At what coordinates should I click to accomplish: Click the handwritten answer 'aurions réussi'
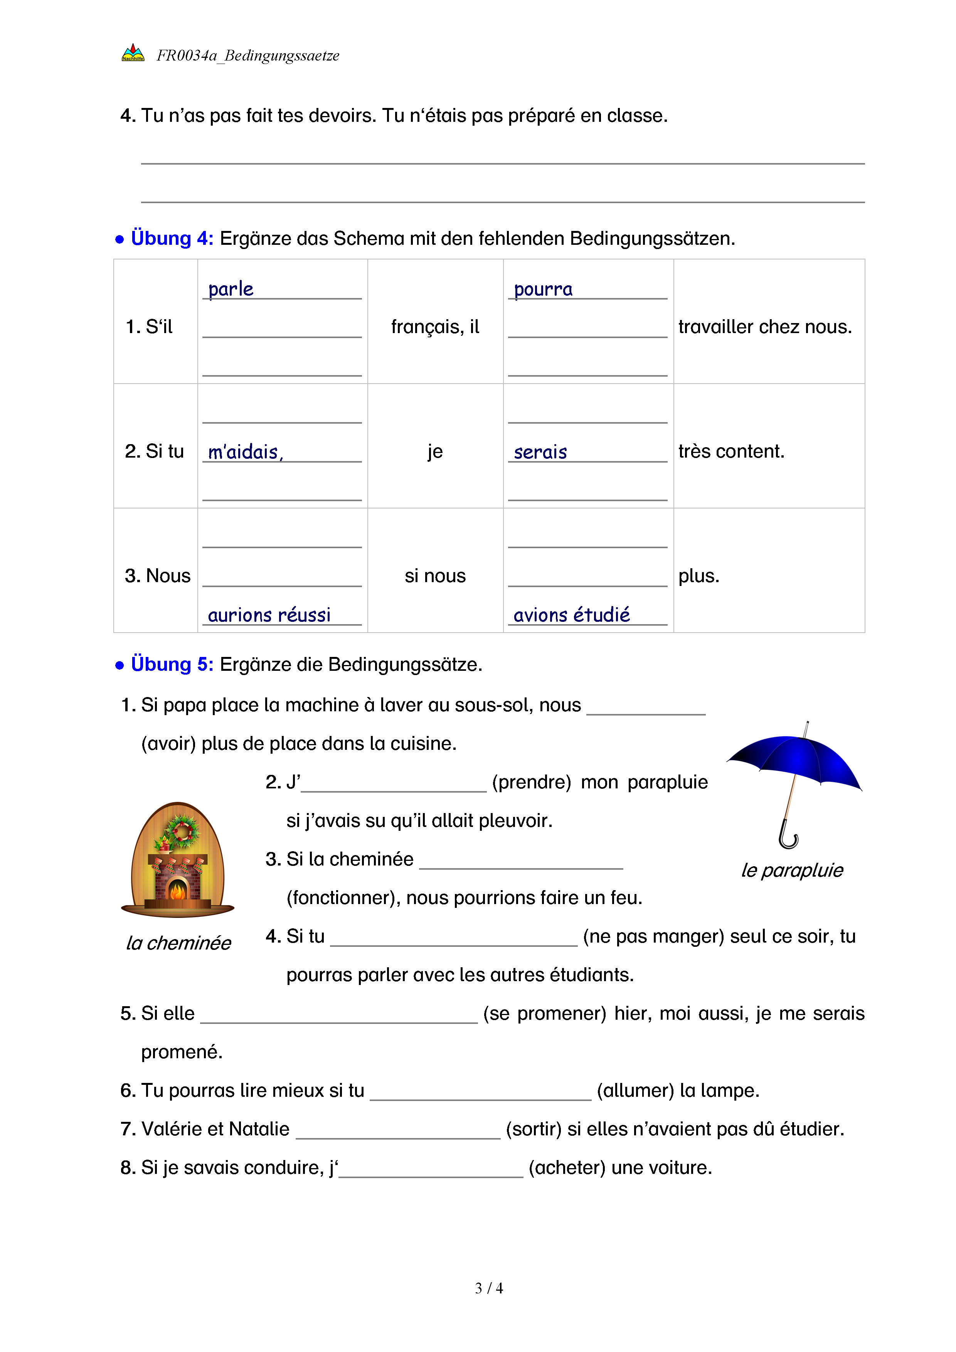(x=269, y=615)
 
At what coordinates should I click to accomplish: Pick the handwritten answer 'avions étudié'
(x=571, y=615)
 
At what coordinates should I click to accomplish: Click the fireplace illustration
(x=178, y=860)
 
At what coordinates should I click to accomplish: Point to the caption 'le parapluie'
(x=792, y=870)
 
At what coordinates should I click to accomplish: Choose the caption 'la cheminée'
(x=178, y=943)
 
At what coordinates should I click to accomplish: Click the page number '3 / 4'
(x=488, y=1288)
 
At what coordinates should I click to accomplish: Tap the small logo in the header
(x=133, y=54)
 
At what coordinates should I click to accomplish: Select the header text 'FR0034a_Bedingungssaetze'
(x=248, y=56)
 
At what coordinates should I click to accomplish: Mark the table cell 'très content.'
(x=731, y=451)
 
